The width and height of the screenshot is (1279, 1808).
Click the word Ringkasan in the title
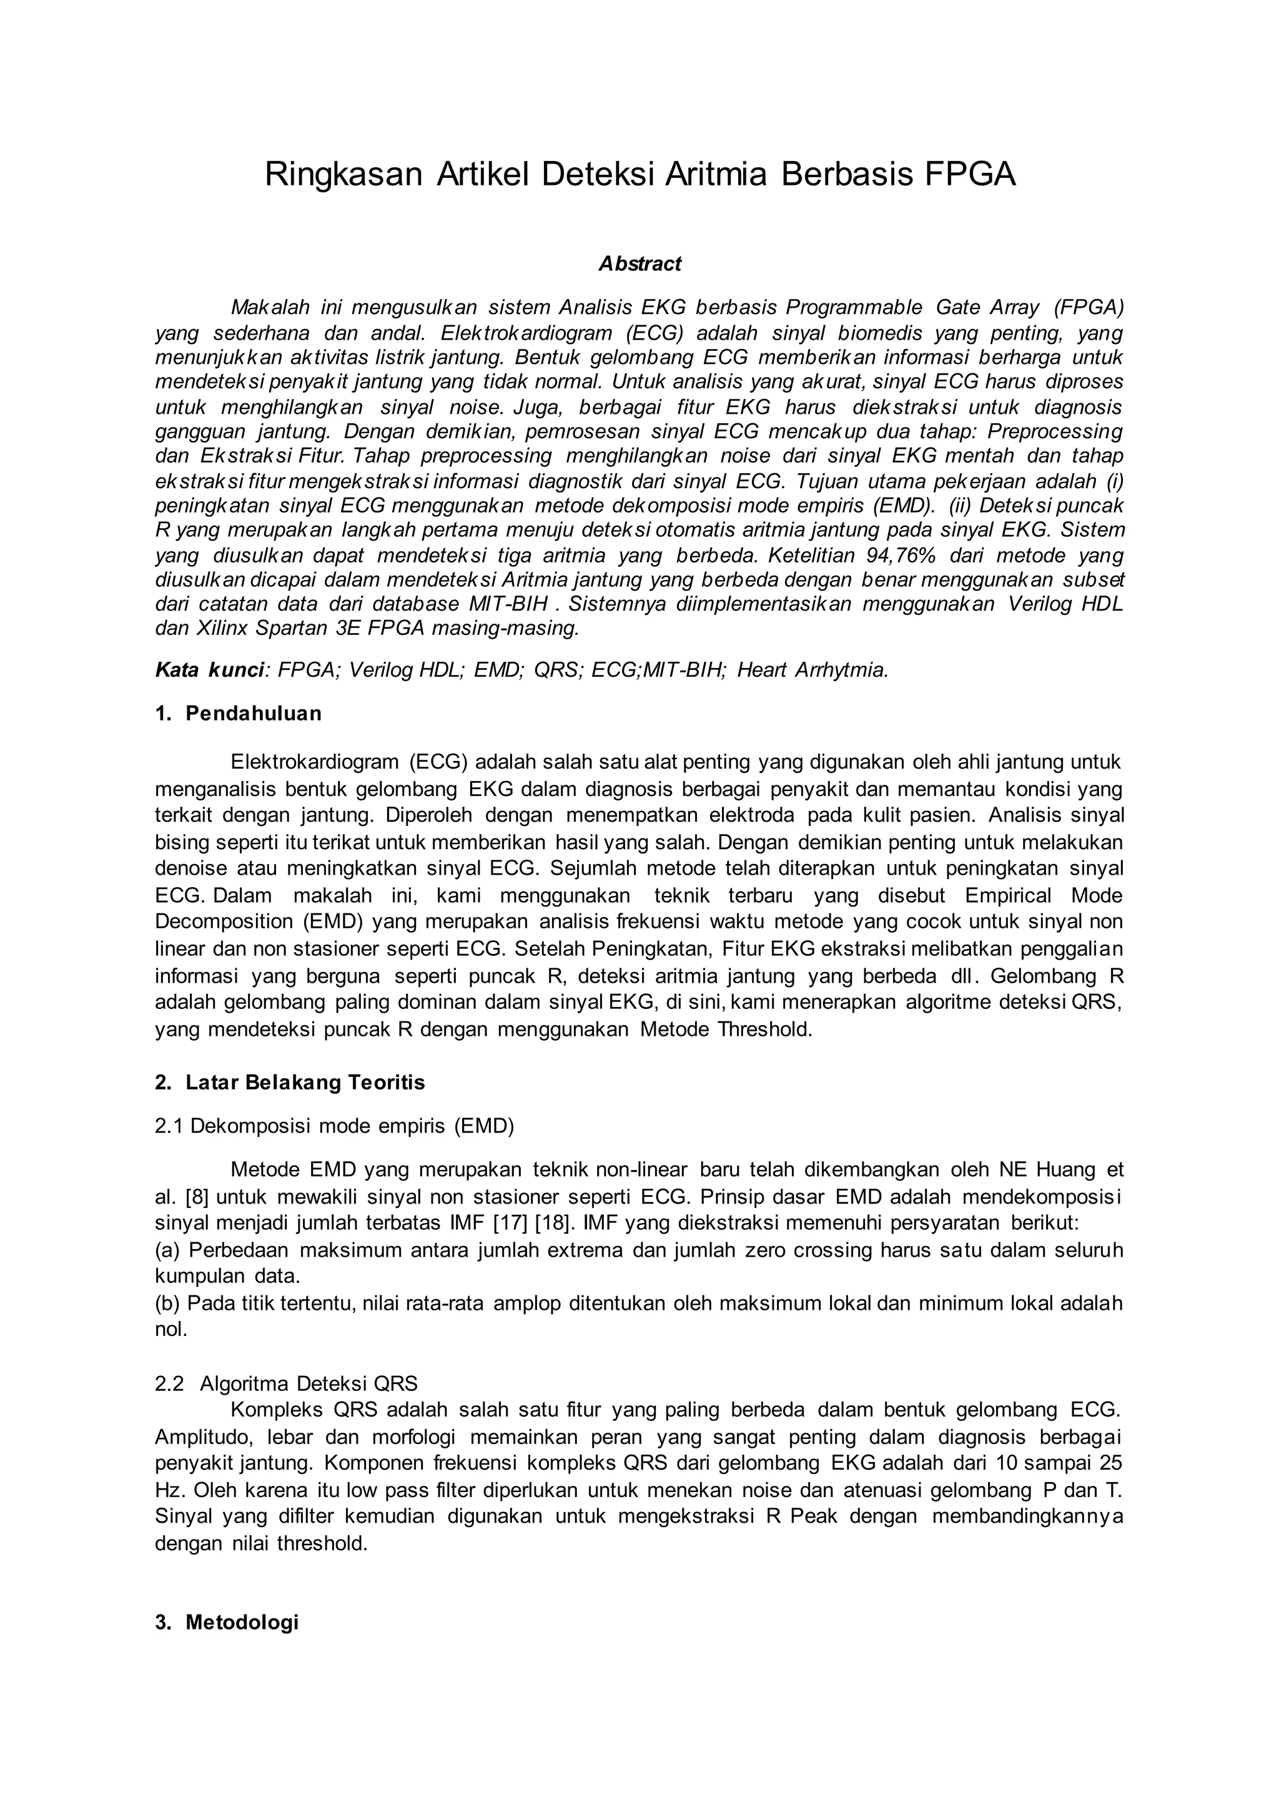344,175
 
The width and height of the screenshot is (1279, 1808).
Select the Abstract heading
639,264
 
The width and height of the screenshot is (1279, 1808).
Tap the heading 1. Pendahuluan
239,714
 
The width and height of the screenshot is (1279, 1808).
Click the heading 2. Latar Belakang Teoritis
290,1083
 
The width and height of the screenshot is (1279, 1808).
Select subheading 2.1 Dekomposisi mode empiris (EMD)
334,1126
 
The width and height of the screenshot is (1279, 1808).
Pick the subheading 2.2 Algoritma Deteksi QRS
287,1383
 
